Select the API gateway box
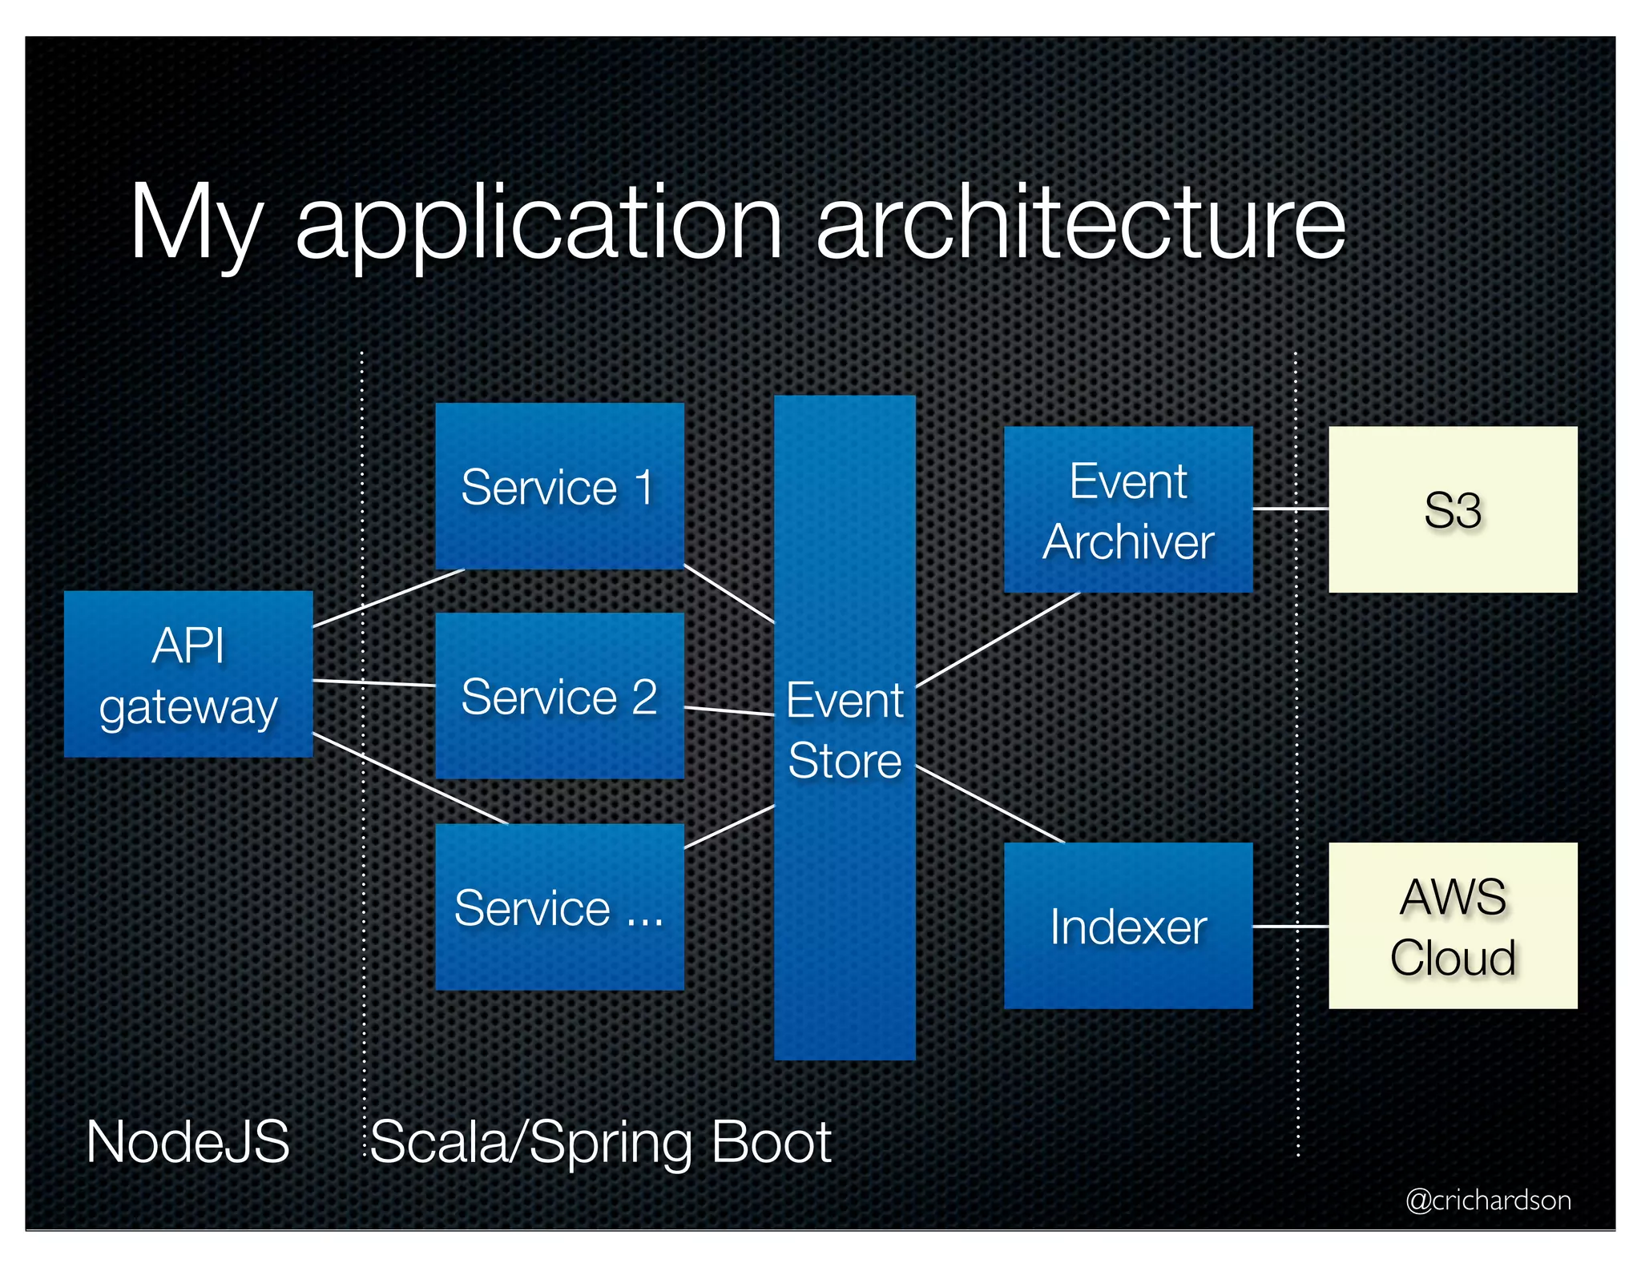(188, 674)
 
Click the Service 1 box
(559, 486)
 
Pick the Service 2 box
(559, 696)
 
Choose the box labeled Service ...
(559, 907)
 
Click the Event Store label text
(845, 730)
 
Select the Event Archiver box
(1127, 510)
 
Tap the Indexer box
(1127, 926)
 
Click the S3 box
(1452, 510)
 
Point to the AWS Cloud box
(1452, 926)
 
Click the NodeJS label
(187, 1141)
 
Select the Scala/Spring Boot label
(600, 1141)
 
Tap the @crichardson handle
(1488, 1200)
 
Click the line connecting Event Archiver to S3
(1290, 509)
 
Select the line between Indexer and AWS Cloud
(1290, 927)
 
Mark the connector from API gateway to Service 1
(389, 598)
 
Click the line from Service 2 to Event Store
(729, 711)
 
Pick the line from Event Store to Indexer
(990, 804)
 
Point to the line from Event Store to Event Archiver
(998, 640)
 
